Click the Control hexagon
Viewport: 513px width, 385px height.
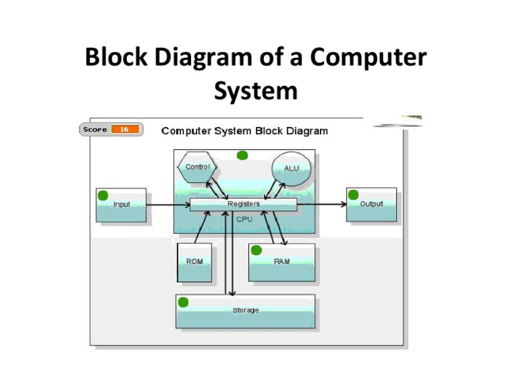198,167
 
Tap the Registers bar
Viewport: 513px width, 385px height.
243,204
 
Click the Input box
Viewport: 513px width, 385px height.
121,205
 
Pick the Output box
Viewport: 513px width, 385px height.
371,204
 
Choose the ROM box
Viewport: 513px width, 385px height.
194,261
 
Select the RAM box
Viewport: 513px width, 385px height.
282,262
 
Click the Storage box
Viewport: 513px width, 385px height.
245,311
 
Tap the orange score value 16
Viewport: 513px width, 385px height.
125,129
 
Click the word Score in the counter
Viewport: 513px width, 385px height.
96,129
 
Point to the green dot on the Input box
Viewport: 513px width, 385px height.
104,195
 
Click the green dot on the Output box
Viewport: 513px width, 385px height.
353,194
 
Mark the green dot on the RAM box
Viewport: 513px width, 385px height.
256,250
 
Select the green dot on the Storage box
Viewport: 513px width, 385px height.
183,302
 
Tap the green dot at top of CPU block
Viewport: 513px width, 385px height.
242,155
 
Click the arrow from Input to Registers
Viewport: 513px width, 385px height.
167,205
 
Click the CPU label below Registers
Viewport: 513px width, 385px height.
244,219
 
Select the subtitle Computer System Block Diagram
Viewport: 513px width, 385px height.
244,131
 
